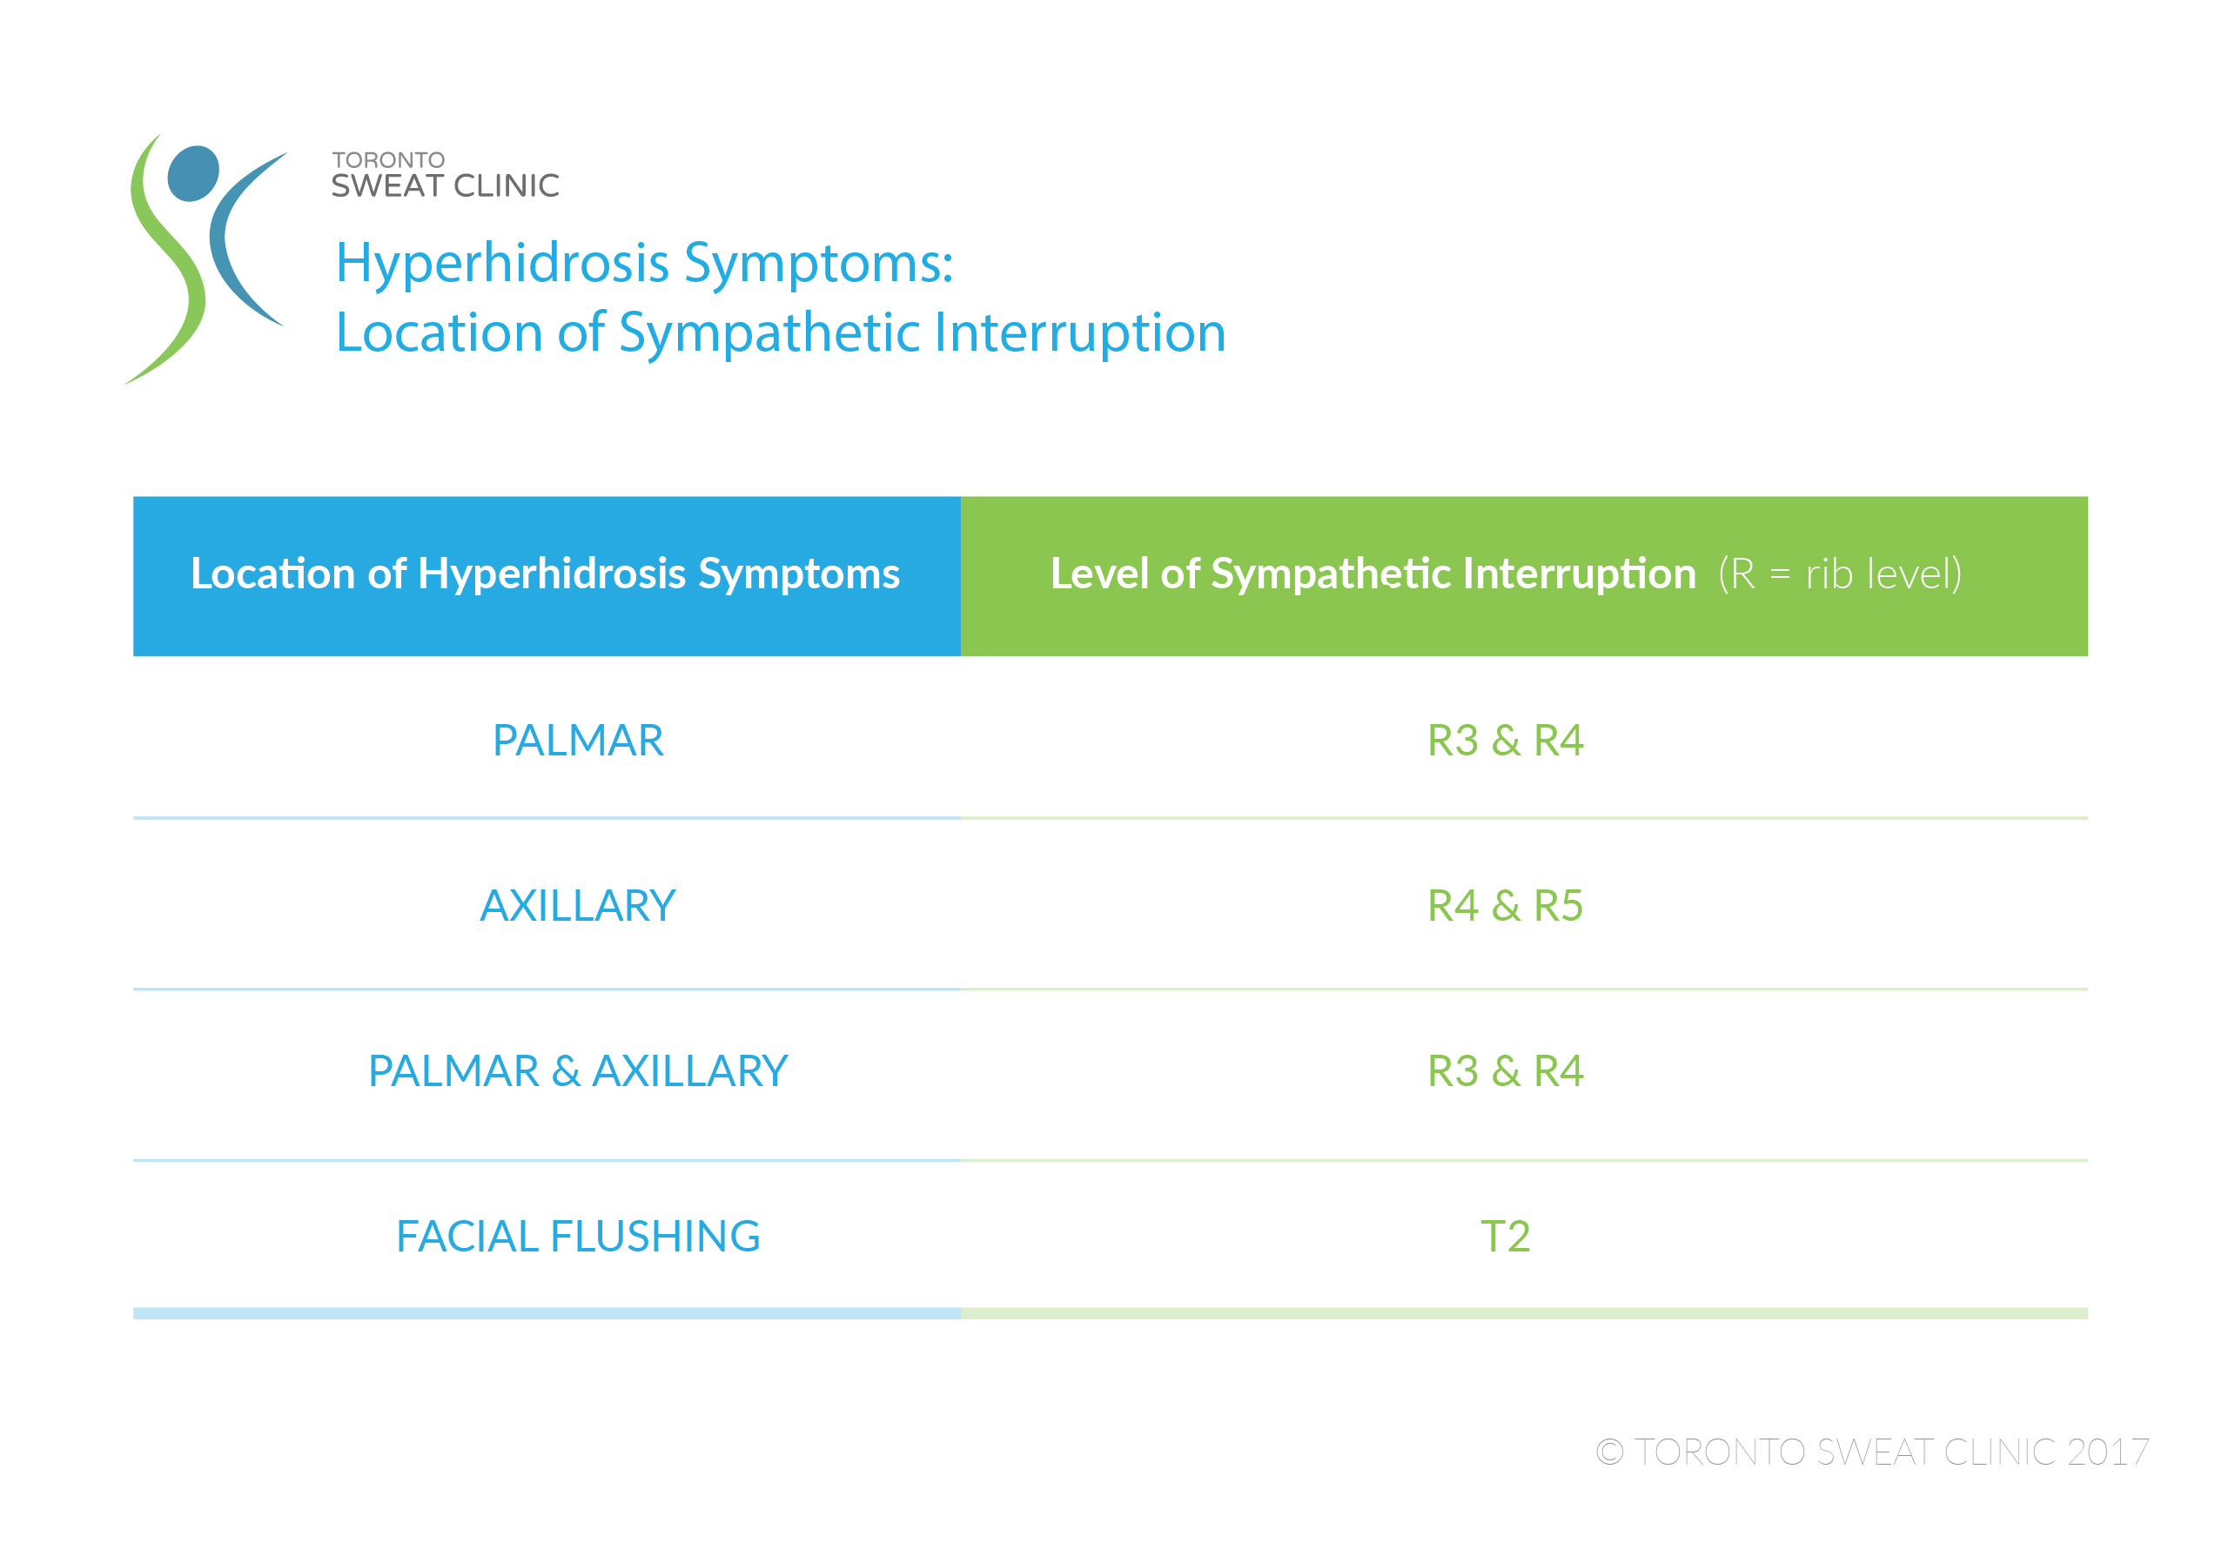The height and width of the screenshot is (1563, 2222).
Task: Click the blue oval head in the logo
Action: click(x=193, y=173)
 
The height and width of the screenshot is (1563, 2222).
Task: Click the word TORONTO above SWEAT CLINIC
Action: click(x=388, y=159)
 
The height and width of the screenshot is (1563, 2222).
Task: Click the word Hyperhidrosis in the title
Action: click(x=503, y=265)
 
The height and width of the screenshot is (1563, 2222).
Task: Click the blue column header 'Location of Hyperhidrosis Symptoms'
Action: click(x=545, y=574)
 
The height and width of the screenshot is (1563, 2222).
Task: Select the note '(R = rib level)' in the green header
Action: click(x=1840, y=574)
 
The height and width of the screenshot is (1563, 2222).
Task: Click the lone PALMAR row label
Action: click(x=578, y=741)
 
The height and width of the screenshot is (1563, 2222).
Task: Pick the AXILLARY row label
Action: click(x=578, y=906)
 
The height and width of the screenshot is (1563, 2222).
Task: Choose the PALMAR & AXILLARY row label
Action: click(x=578, y=1071)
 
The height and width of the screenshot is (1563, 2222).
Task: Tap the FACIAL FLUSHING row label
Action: click(x=578, y=1236)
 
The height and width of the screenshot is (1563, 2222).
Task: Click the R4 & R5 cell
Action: click(x=1505, y=906)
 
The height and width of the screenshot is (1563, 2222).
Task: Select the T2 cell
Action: click(x=1505, y=1236)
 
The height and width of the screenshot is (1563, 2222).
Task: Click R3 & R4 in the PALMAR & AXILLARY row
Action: click(x=1505, y=1071)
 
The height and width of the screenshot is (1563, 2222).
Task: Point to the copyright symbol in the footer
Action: click(x=1609, y=1452)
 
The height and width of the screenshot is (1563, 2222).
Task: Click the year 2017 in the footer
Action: click(x=2108, y=1452)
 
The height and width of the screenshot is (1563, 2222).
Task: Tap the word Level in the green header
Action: click(x=1100, y=574)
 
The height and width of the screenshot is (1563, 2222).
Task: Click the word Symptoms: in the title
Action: click(x=819, y=265)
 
